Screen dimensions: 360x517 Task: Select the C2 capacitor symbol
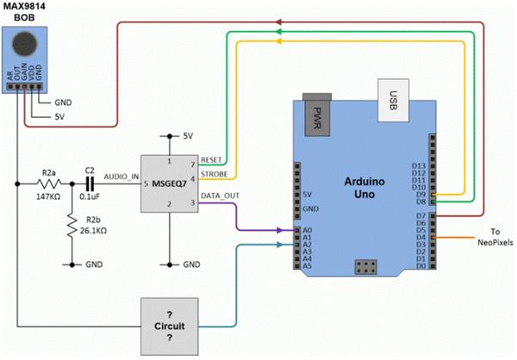pos(89,184)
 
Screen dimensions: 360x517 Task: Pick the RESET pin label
pos(210,160)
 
